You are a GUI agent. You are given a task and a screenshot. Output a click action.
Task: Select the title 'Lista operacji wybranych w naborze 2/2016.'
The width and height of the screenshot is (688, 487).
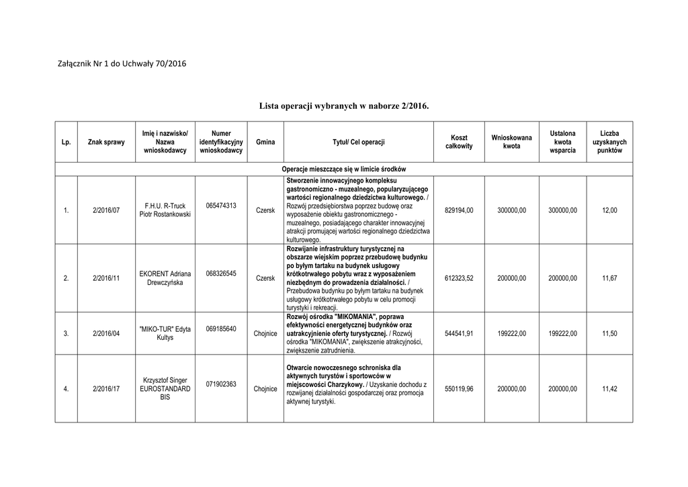[x=343, y=106]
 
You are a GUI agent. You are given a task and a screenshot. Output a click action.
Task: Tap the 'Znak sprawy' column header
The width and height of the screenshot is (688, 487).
[x=106, y=142]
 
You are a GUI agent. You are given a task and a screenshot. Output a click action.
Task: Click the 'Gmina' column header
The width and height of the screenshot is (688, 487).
[x=265, y=142]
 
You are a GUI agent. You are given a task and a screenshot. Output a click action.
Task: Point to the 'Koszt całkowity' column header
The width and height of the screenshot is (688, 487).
[x=459, y=142]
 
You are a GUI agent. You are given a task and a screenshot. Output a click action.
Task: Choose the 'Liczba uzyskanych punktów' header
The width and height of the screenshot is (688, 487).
[x=609, y=142]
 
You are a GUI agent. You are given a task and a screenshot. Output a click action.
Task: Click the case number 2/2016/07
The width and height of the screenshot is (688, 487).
[x=106, y=211]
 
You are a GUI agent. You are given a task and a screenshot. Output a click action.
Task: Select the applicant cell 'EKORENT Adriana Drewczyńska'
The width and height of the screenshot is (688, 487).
[x=165, y=278]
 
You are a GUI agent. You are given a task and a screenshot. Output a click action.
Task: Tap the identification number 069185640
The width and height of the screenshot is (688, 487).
[x=221, y=329]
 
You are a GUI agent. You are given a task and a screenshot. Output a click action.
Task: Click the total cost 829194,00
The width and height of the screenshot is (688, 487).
[x=459, y=211]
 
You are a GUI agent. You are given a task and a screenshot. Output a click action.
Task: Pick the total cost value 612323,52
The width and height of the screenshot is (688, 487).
[x=459, y=278]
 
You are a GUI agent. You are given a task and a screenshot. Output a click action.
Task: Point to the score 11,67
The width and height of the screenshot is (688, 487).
[x=609, y=278]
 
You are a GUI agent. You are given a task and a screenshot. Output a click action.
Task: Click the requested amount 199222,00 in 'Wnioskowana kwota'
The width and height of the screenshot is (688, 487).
[x=511, y=333]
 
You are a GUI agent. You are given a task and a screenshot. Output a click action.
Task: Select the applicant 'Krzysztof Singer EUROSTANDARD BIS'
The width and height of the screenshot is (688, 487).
[x=165, y=388]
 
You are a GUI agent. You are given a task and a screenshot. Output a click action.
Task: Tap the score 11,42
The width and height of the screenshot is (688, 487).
[x=609, y=389]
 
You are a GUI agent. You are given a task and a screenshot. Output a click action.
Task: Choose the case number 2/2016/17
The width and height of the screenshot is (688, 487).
[x=106, y=389]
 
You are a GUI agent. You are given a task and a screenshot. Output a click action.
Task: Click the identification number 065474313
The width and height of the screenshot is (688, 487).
[x=221, y=206]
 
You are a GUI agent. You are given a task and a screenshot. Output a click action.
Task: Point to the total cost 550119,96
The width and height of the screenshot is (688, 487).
[x=459, y=389]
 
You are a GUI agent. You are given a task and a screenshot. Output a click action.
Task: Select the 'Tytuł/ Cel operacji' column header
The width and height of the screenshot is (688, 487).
[x=359, y=142]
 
